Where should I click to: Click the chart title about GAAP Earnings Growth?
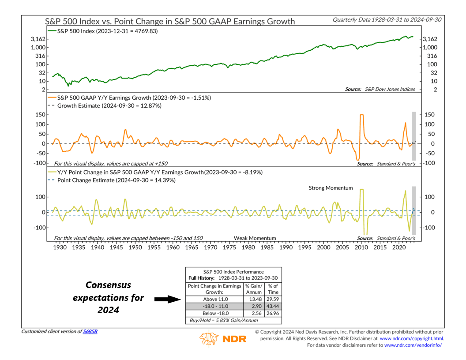point(170,21)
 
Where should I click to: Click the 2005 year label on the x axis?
point(342,247)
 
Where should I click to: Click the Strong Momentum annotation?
point(331,188)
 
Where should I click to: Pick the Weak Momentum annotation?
point(255,238)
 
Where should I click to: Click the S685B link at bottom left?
point(90,331)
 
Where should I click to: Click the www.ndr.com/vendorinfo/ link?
point(413,345)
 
